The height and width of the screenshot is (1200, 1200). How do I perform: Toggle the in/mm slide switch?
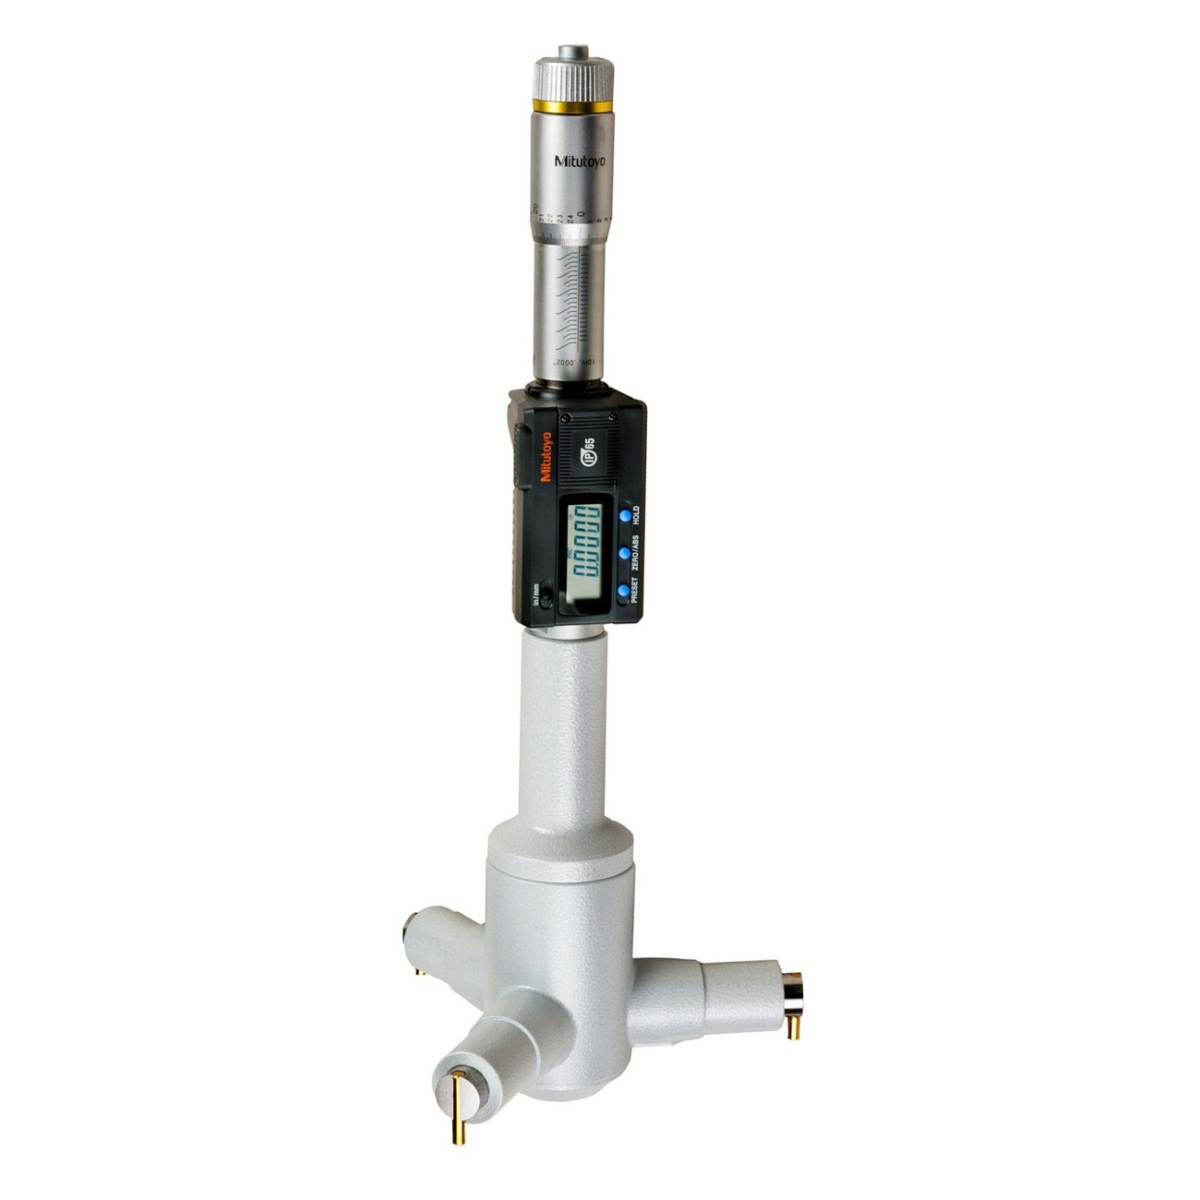[x=546, y=599]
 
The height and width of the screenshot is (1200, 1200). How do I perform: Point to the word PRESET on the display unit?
[x=635, y=588]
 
